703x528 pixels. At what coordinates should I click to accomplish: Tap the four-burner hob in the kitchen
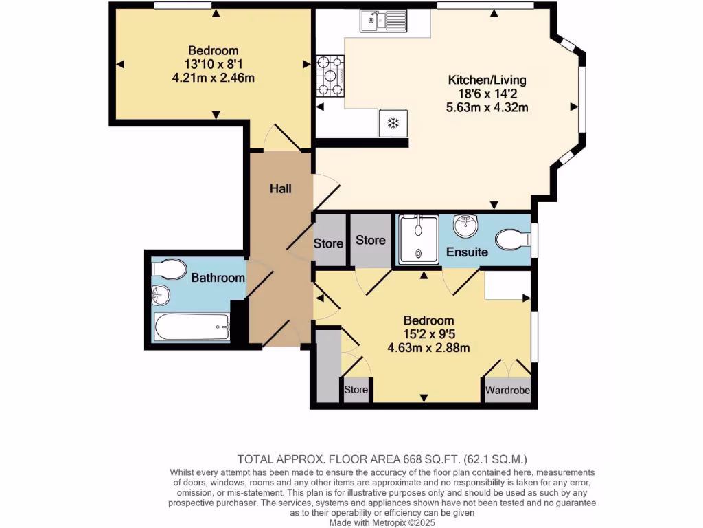point(330,76)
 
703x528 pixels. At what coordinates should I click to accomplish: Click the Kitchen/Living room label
point(487,80)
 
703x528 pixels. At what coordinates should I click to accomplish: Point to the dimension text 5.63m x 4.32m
point(487,107)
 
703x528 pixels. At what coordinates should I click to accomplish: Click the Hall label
point(280,188)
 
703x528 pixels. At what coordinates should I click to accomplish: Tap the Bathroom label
point(218,278)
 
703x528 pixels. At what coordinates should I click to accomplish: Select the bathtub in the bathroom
point(192,327)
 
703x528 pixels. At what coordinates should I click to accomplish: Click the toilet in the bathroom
point(169,269)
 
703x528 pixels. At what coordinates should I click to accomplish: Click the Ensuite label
point(467,252)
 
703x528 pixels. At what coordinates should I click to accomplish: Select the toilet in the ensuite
point(512,239)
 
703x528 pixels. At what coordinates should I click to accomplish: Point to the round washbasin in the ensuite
point(467,224)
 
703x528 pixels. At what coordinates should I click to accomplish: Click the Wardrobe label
point(508,390)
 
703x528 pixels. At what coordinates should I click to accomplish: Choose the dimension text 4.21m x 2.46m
point(214,78)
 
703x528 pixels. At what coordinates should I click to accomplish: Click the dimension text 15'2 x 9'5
point(428,334)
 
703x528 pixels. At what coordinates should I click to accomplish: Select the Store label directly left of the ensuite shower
point(371,241)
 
